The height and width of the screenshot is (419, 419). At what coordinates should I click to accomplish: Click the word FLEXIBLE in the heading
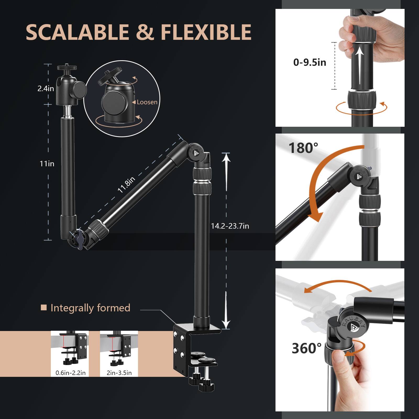coord(206,32)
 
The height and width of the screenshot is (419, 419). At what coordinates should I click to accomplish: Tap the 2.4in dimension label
coord(46,89)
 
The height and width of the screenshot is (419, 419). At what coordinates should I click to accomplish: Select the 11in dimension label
coord(47,164)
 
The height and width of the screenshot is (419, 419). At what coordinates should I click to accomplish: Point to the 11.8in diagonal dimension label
coord(126,185)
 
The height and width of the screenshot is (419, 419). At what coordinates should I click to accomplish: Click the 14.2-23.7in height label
coord(230,226)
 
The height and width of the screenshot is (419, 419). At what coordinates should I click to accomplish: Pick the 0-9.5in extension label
coord(310,62)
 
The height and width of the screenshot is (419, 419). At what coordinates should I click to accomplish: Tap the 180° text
coord(303,148)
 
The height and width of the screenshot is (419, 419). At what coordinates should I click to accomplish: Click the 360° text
coord(306,348)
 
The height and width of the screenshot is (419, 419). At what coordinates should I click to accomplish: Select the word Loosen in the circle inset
coord(147,102)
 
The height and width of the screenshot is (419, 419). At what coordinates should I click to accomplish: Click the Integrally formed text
coord(90,308)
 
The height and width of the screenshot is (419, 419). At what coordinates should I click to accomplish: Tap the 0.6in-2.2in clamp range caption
coord(70,373)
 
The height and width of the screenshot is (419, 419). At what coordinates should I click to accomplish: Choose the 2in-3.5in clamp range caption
coord(119,373)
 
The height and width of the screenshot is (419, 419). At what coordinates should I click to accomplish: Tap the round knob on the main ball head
coord(79,90)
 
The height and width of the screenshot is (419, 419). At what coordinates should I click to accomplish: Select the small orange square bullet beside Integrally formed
coord(44,307)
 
